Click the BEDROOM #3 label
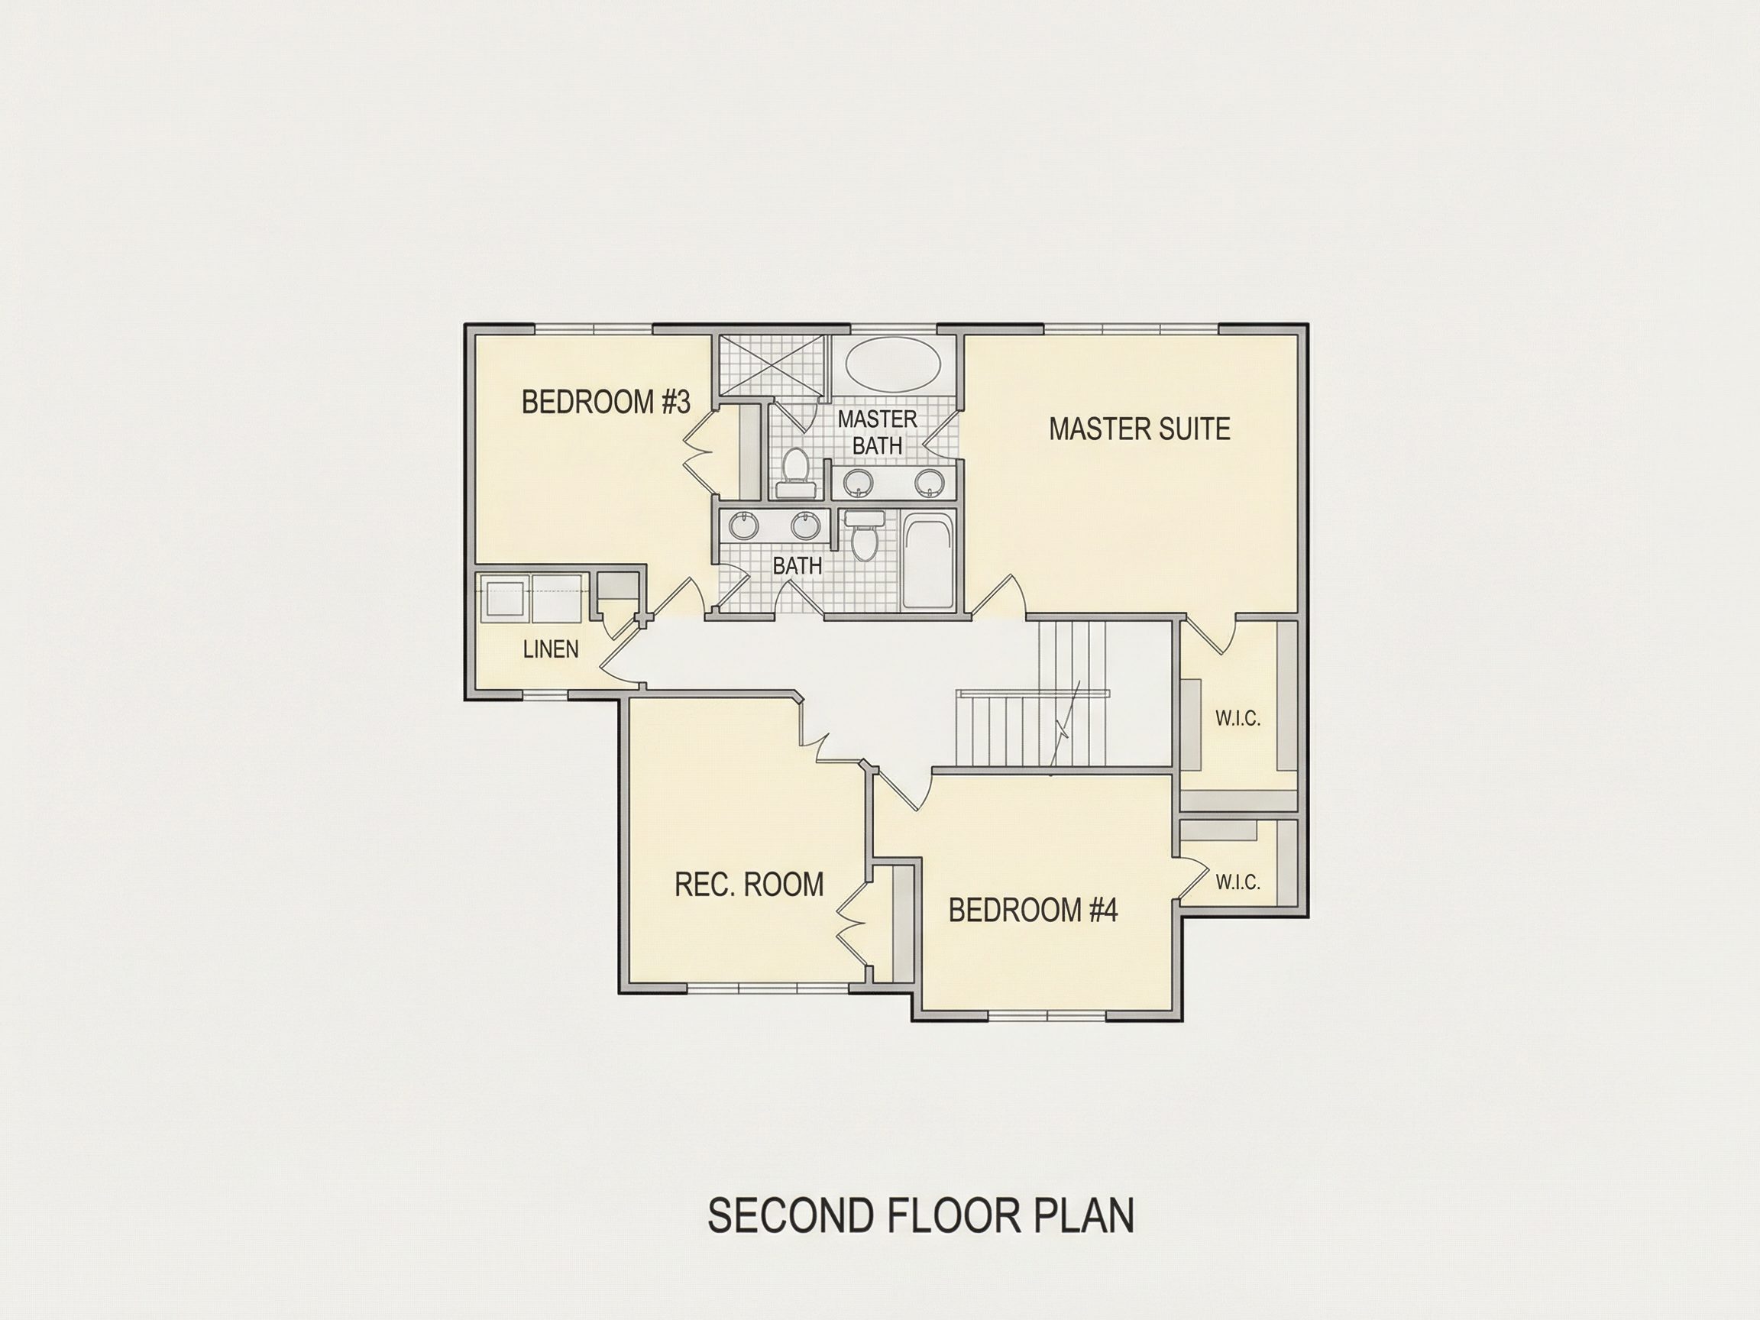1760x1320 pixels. pyautogui.click(x=606, y=402)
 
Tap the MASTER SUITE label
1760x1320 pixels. pyautogui.click(x=1140, y=429)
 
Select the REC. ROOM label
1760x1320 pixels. pyautogui.click(x=749, y=885)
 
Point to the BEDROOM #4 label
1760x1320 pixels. pyautogui.click(x=1033, y=911)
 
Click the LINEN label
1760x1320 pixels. pyautogui.click(x=551, y=649)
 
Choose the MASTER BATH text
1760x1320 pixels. pyautogui.click(x=877, y=432)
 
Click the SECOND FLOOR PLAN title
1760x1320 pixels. pyautogui.click(x=920, y=1215)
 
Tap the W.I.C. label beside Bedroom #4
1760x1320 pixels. pyautogui.click(x=1238, y=882)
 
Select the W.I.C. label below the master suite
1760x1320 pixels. pyautogui.click(x=1238, y=719)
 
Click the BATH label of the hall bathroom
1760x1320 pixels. pyautogui.click(x=797, y=566)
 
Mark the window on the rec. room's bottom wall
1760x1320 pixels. pyautogui.click(x=767, y=989)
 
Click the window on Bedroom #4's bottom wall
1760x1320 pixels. pyautogui.click(x=1047, y=1016)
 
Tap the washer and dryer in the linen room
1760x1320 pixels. pyautogui.click(x=533, y=597)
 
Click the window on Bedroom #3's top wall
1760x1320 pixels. pyautogui.click(x=593, y=328)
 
